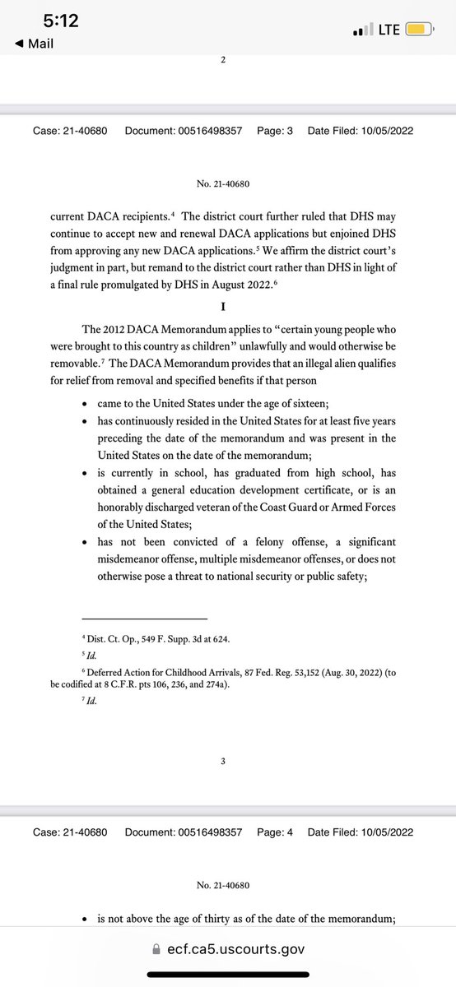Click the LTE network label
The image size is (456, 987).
(389, 30)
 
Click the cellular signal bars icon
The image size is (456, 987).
(362, 30)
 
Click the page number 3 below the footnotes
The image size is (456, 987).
(223, 761)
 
